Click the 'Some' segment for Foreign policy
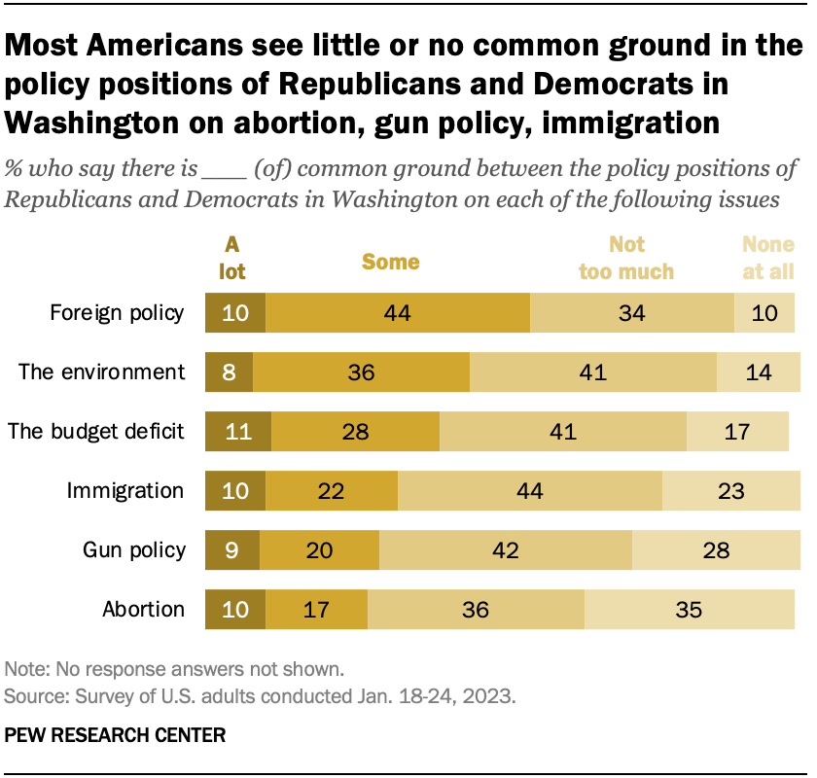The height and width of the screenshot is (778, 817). tap(397, 312)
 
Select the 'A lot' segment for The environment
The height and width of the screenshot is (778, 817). tap(229, 371)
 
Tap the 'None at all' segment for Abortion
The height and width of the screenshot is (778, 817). tap(689, 610)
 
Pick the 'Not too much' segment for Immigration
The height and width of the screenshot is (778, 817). tap(529, 491)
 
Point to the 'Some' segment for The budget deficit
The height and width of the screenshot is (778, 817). tap(355, 432)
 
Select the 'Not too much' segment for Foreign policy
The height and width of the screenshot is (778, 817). tap(631, 312)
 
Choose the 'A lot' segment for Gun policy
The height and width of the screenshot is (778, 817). tap(232, 550)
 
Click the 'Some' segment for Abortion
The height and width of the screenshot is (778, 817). tap(317, 610)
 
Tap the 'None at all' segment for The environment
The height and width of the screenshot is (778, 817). tap(758, 371)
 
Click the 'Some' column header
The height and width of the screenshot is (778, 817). tap(391, 262)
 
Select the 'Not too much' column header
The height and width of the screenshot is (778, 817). tap(626, 258)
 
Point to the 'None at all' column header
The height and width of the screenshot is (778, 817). tap(768, 258)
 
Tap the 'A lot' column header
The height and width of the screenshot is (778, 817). tap(232, 258)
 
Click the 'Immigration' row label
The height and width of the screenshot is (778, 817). tap(124, 491)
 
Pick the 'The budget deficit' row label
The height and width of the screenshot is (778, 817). tap(96, 432)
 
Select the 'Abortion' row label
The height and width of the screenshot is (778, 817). tap(144, 610)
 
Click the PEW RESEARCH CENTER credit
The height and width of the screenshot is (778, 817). tap(115, 735)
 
